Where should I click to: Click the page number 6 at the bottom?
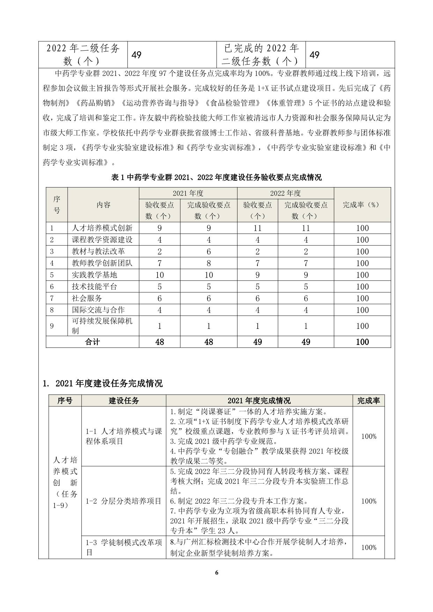tap(216, 573)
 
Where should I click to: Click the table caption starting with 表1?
tap(216, 177)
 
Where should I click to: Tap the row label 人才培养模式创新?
tap(102, 228)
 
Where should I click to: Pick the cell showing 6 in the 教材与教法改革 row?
tap(208, 251)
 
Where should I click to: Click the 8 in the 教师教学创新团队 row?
tap(208, 263)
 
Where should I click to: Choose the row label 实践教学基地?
tap(94, 275)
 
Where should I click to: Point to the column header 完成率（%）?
tap(362, 205)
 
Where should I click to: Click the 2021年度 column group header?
tap(188, 193)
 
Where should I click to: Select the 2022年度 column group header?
tap(285, 193)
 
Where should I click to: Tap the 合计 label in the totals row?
tap(92, 342)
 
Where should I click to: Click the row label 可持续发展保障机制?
tap(102, 325)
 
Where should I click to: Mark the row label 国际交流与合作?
tap(98, 310)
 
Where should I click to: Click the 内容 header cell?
tap(103, 205)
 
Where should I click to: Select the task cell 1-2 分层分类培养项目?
tap(124, 501)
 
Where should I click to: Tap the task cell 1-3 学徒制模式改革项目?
tap(124, 547)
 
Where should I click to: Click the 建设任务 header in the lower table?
tap(124, 400)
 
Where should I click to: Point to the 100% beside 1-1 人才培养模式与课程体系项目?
tap(368, 436)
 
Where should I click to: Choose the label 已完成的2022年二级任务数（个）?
tap(260, 55)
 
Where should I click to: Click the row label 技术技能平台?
tap(94, 287)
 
